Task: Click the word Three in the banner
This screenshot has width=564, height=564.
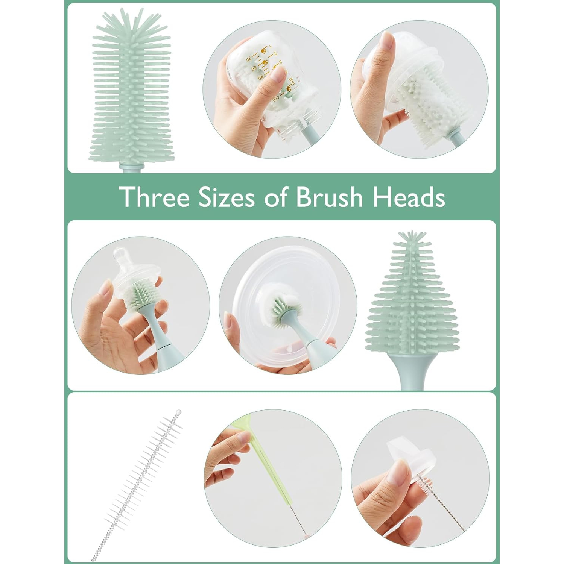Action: click(154, 197)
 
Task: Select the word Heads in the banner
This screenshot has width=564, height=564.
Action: click(409, 197)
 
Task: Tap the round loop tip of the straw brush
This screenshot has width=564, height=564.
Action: click(178, 412)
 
